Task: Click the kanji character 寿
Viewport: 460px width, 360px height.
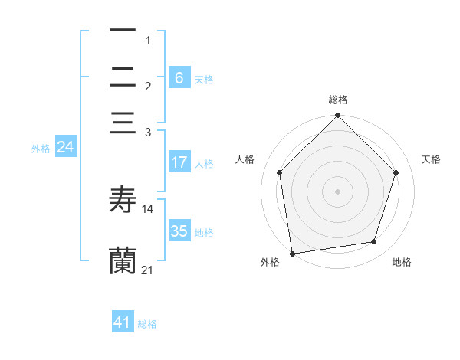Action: click(123, 200)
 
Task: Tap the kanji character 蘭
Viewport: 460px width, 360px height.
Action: click(123, 260)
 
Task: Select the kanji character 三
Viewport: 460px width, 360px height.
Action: click(123, 124)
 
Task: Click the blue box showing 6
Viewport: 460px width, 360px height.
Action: click(179, 77)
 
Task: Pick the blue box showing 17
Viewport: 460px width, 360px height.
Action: click(179, 162)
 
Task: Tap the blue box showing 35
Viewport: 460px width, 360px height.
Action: click(179, 231)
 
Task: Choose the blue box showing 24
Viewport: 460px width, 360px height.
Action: click(65, 147)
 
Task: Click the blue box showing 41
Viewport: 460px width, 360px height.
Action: click(123, 323)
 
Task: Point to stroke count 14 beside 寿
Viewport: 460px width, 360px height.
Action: click(148, 209)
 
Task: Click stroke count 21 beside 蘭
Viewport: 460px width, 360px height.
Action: click(148, 270)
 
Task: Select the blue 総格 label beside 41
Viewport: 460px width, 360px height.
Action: click(147, 324)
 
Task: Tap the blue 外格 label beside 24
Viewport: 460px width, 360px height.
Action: click(41, 149)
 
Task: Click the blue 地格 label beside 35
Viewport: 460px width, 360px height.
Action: click(204, 233)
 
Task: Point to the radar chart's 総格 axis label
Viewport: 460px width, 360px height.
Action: click(338, 100)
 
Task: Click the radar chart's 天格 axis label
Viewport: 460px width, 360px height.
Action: click(432, 159)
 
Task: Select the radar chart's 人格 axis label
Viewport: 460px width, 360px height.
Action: click(245, 159)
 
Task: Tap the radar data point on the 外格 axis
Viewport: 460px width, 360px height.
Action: click(291, 254)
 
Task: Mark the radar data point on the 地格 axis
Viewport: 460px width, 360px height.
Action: click(374, 241)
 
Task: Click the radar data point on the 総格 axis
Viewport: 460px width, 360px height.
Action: click(338, 116)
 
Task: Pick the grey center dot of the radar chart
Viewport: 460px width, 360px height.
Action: click(338, 191)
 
